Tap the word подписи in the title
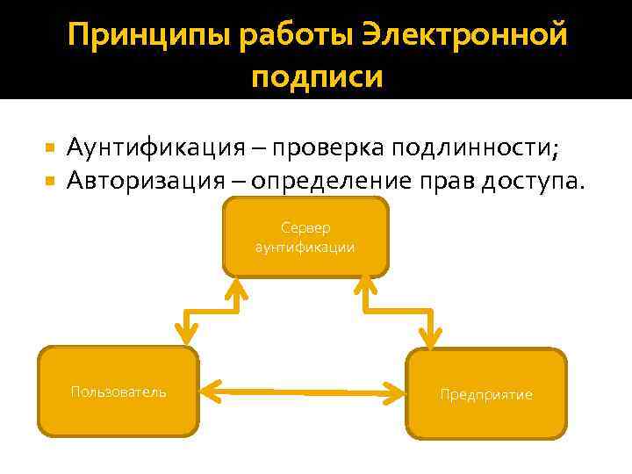(317, 76)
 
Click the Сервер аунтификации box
(305, 237)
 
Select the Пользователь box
(118, 391)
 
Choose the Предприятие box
(486, 394)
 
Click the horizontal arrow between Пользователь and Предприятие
(303, 390)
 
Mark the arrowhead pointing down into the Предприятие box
(429, 336)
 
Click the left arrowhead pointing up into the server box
(236, 288)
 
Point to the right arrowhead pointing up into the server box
(364, 288)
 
